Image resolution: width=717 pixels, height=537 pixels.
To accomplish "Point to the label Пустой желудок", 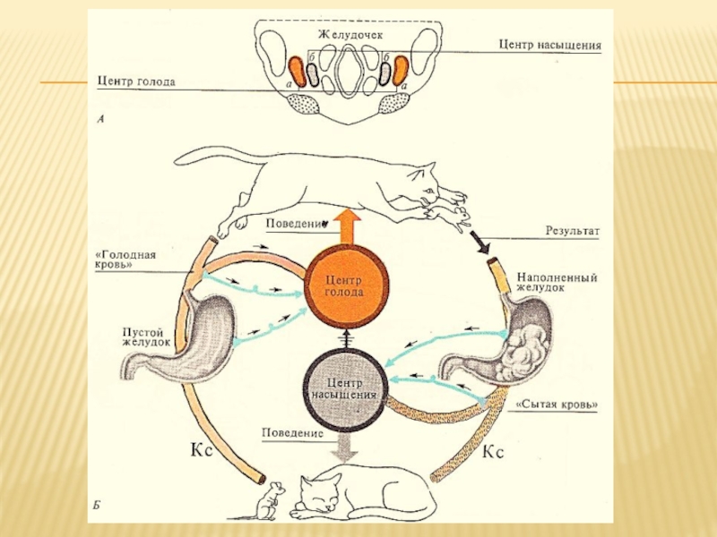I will [x=146, y=336].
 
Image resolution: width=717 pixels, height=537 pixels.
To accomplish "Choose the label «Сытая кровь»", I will [x=557, y=405].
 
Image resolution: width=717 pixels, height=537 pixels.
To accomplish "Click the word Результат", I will [x=573, y=230].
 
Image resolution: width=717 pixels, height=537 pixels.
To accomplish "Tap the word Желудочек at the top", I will [x=347, y=34].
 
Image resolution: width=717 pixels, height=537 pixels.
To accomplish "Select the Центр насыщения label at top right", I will [x=550, y=44].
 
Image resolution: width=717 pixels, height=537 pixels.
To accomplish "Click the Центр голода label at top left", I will [x=136, y=81].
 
